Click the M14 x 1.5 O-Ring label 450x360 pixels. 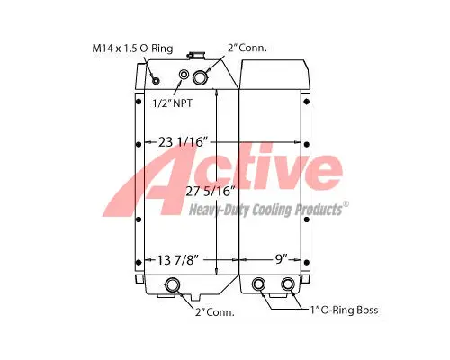132,47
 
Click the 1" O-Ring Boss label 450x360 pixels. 345,310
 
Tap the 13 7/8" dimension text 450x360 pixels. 178,260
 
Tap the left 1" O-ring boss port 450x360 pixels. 260,285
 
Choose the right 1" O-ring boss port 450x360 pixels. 288,285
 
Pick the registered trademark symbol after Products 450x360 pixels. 348,205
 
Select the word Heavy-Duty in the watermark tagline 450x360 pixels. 219,210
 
